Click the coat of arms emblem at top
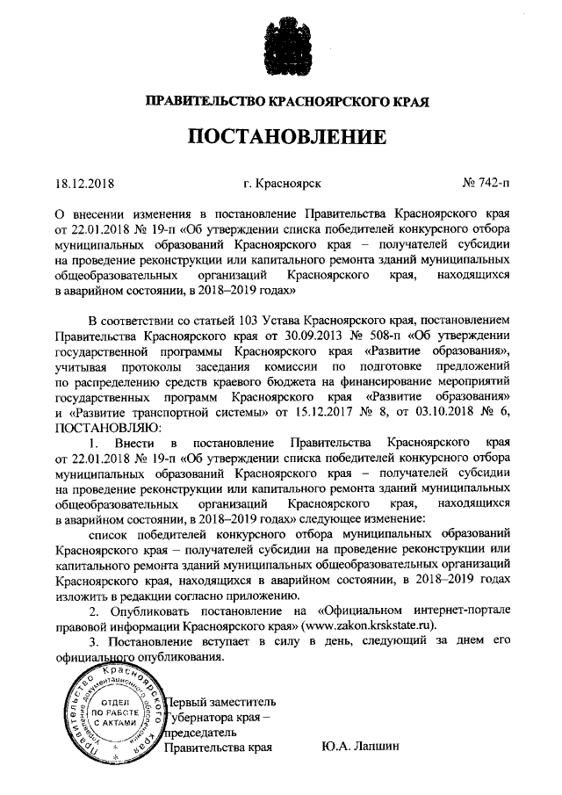[280, 40]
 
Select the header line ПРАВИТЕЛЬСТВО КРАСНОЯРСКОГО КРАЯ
[281, 101]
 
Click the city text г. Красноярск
[283, 182]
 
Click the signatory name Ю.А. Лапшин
[361, 747]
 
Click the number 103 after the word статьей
[237, 319]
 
